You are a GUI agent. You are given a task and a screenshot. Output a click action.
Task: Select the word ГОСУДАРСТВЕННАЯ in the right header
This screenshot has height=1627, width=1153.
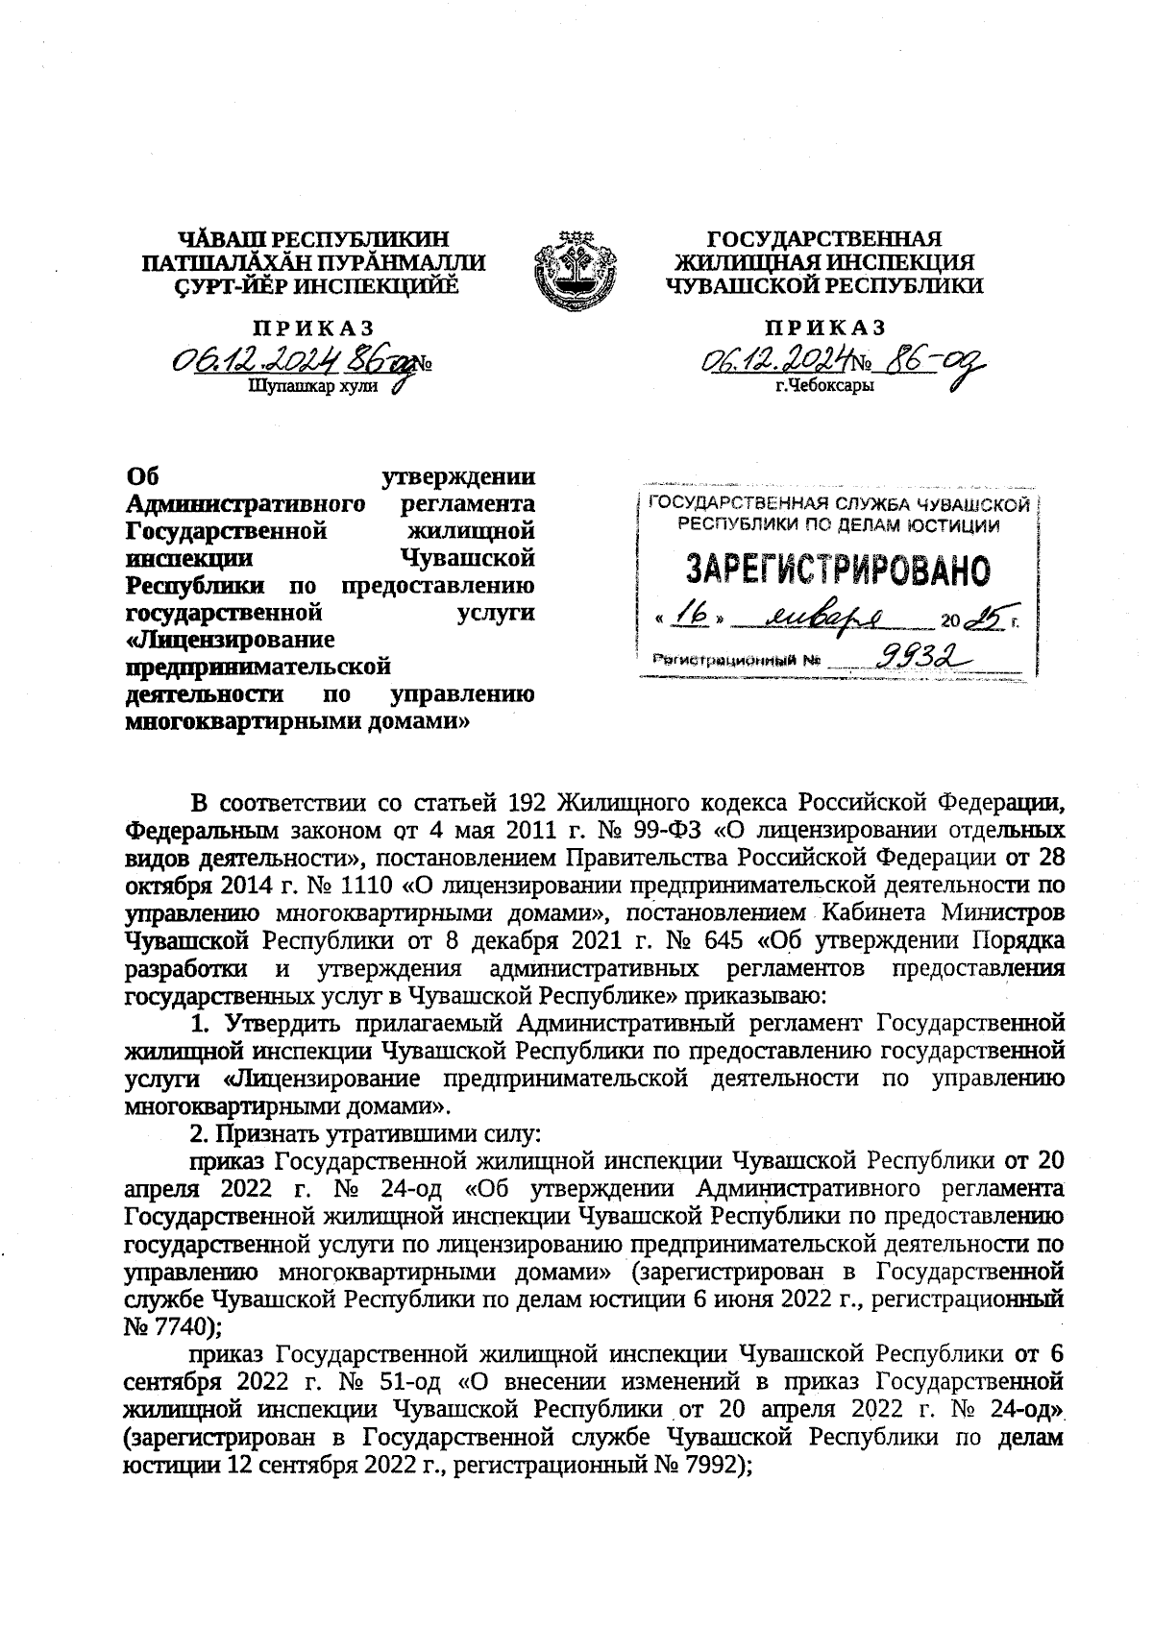[x=824, y=239]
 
